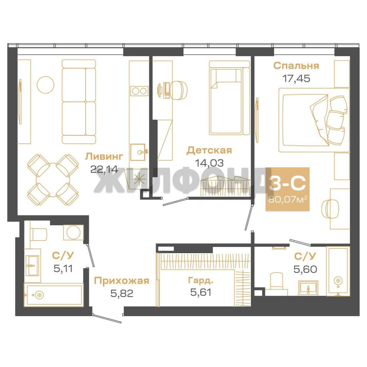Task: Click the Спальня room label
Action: pos(296,66)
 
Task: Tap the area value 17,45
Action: pos(296,78)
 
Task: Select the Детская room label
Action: pos(209,151)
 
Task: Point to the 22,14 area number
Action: pos(104,169)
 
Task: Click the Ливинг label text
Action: pos(104,156)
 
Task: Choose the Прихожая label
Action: pos(121,281)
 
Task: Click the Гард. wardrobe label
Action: pos(201,280)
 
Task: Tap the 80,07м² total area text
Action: pos(288,200)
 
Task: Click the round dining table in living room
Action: pos(53,180)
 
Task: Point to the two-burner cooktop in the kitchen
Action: pos(139,91)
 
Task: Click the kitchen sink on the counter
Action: pos(138,152)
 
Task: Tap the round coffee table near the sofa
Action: pos(46,85)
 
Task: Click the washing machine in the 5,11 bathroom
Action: pos(73,232)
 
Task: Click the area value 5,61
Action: pos(201,292)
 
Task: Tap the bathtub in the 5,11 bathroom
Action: pos(54,295)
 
